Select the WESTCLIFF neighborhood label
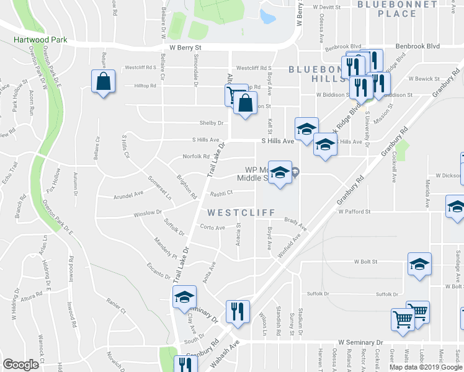point(241,213)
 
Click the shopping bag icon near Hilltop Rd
point(103,82)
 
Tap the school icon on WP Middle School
point(280,172)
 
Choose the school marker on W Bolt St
point(419,264)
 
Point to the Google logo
point(21,365)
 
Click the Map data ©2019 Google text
point(426,366)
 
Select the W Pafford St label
point(354,211)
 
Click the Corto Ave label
point(212,228)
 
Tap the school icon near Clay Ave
point(184,297)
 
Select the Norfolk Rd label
point(196,156)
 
